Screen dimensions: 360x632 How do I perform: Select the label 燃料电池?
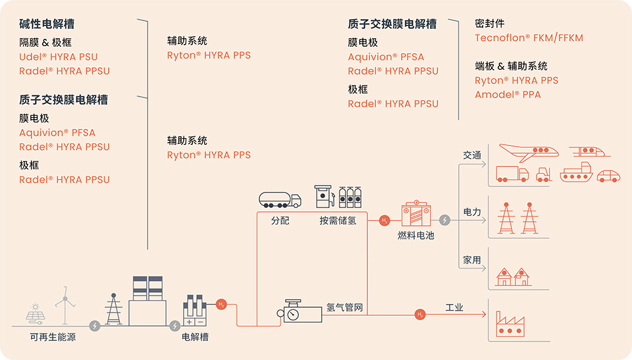(x=416, y=235)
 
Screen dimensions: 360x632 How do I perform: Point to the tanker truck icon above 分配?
(x=279, y=199)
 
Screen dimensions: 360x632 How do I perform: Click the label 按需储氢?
(x=338, y=220)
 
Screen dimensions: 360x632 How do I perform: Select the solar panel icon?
(x=34, y=314)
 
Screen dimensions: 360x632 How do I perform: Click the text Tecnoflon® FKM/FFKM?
(x=529, y=38)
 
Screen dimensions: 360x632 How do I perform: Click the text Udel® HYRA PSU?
(x=58, y=57)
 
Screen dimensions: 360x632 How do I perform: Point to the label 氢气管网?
(x=344, y=307)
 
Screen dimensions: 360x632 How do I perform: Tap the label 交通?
(x=472, y=156)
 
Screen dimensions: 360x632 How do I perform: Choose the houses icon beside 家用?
(x=513, y=276)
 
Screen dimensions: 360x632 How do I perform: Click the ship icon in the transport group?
(x=576, y=174)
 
